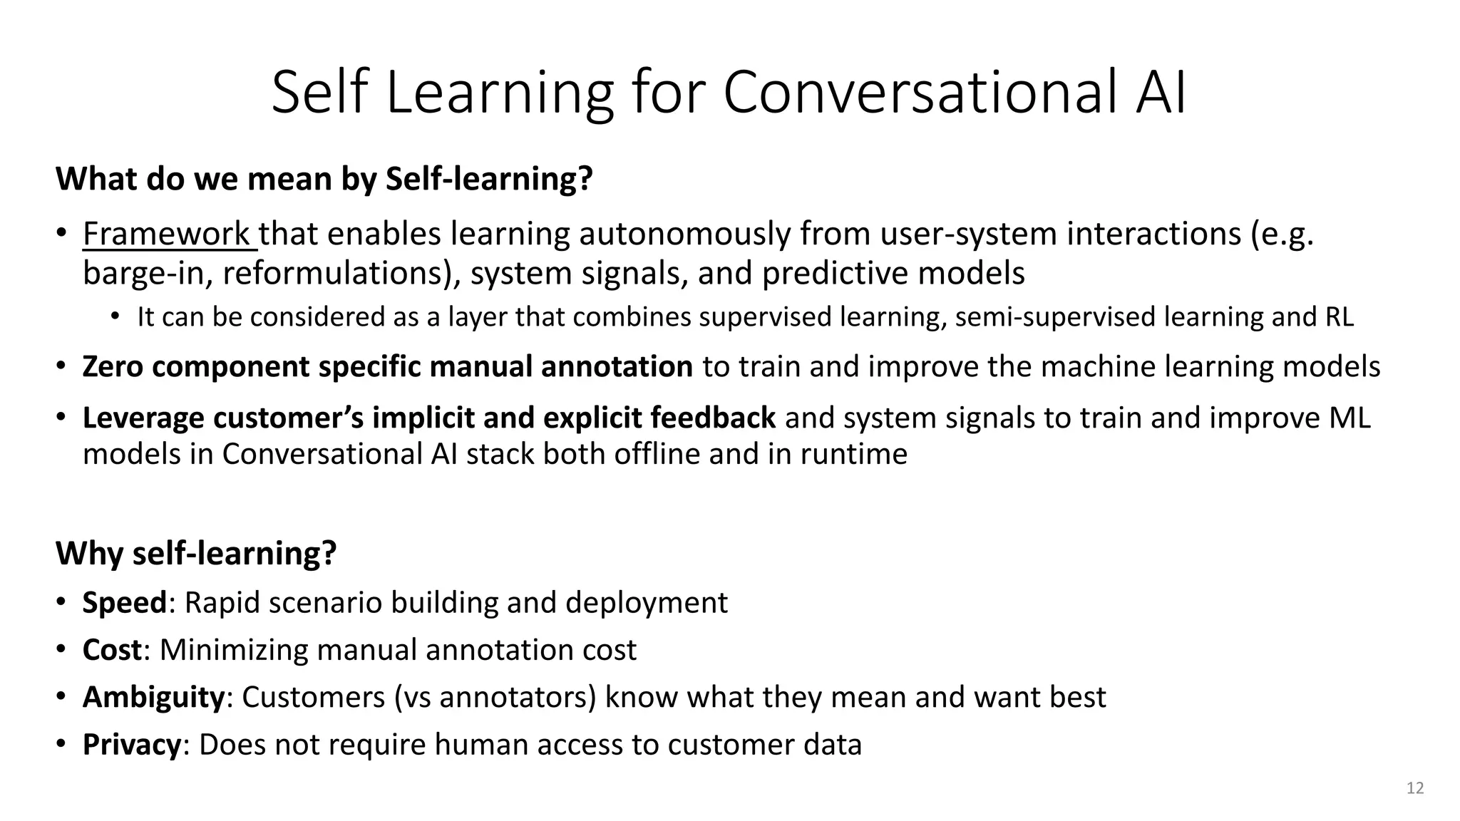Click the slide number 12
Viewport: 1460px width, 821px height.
(1415, 788)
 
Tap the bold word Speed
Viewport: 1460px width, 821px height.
(124, 603)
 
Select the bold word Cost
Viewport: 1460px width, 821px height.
(112, 650)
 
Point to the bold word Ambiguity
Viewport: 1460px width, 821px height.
(153, 697)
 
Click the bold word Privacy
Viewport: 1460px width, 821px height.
(132, 745)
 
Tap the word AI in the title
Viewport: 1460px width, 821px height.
(1160, 93)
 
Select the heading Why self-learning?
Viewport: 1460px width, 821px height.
(196, 554)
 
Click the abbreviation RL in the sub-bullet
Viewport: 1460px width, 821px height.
(1339, 317)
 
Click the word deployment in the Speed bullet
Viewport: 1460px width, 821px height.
(647, 603)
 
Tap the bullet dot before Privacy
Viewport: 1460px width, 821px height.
(62, 744)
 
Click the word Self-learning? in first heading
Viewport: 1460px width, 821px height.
(489, 179)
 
